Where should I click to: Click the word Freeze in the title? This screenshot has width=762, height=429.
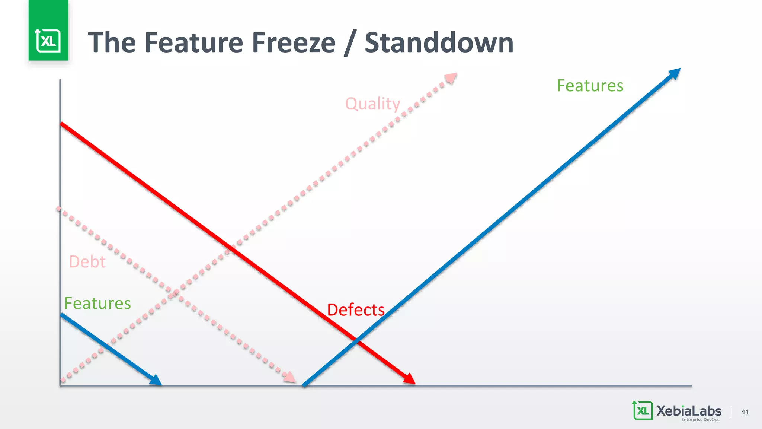[294, 42]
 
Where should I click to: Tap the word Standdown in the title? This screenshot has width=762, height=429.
[439, 42]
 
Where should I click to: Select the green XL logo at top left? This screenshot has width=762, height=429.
[48, 40]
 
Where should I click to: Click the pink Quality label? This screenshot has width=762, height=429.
[372, 104]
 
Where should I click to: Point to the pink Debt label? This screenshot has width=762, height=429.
[87, 262]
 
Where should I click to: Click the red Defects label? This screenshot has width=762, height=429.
[356, 310]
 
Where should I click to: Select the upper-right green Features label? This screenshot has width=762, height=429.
[590, 86]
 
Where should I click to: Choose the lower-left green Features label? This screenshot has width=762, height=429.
[97, 303]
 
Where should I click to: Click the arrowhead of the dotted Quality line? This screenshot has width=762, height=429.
[451, 78]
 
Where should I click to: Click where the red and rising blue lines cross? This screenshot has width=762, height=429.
[356, 340]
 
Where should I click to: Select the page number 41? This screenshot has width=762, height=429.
[745, 412]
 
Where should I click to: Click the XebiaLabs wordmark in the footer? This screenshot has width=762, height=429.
[689, 410]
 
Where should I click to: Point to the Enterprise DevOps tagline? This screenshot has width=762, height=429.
[700, 420]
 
